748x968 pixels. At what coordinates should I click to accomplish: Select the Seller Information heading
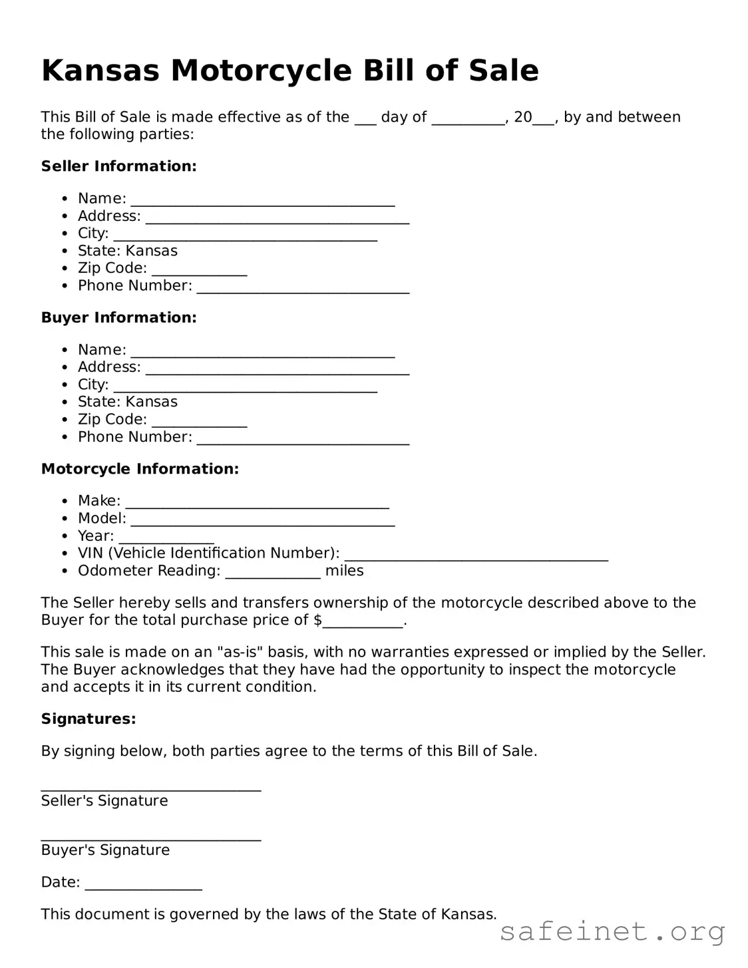point(118,166)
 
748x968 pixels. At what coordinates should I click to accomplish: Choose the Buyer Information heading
point(118,317)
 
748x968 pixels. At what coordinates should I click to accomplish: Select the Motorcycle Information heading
point(140,469)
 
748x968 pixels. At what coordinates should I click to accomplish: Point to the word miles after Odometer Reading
point(344,571)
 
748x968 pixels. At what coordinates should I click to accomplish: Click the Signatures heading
point(89,719)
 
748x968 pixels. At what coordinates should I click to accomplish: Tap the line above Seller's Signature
point(151,788)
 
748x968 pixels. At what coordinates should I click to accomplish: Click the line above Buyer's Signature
point(151,838)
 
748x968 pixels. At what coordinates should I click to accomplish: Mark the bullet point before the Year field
point(65,536)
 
